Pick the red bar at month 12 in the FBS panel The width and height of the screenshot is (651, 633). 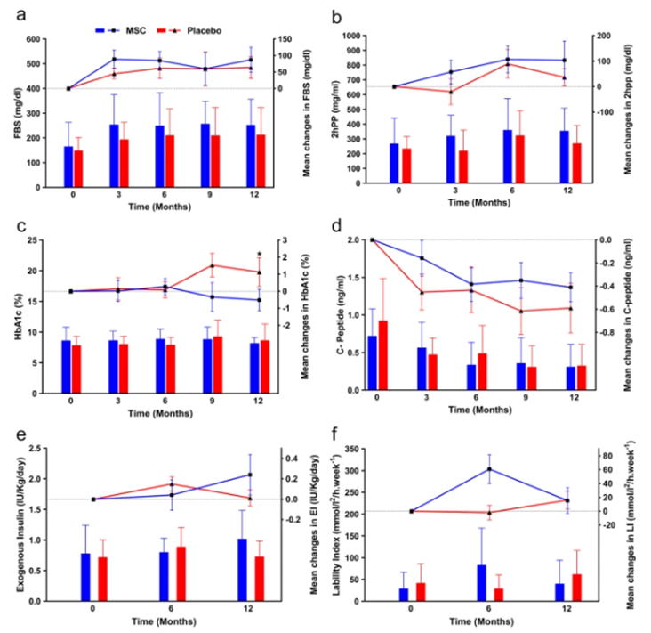261,161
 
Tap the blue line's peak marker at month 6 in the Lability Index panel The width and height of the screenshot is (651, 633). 488,469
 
